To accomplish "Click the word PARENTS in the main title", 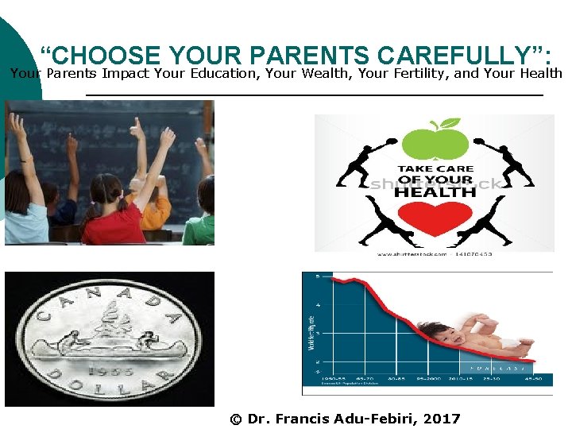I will point(309,56).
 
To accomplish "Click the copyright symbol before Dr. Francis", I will point(235,419).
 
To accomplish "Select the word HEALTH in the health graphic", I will point(435,191).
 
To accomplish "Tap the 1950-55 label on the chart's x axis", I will point(332,380).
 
